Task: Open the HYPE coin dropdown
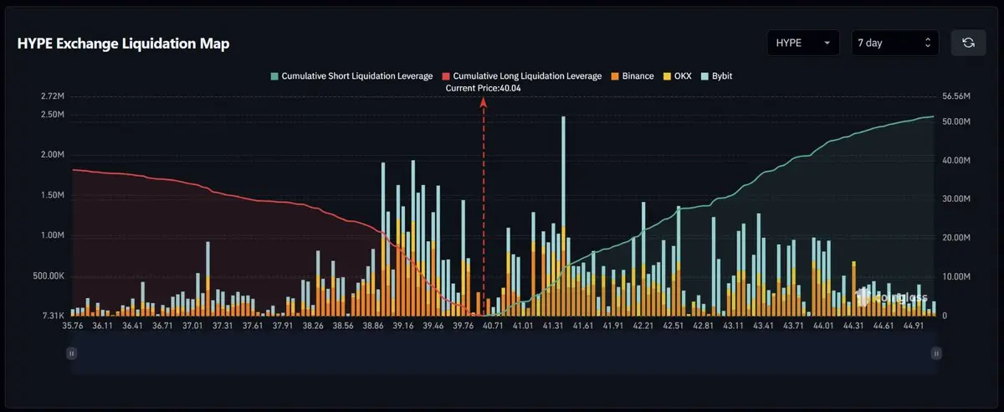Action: pos(802,43)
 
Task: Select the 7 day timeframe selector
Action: pos(894,43)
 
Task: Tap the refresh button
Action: pos(968,43)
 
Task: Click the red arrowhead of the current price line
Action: pos(483,101)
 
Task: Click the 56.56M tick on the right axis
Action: pos(955,97)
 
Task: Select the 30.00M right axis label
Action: pos(955,199)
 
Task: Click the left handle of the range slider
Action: pos(72,353)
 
